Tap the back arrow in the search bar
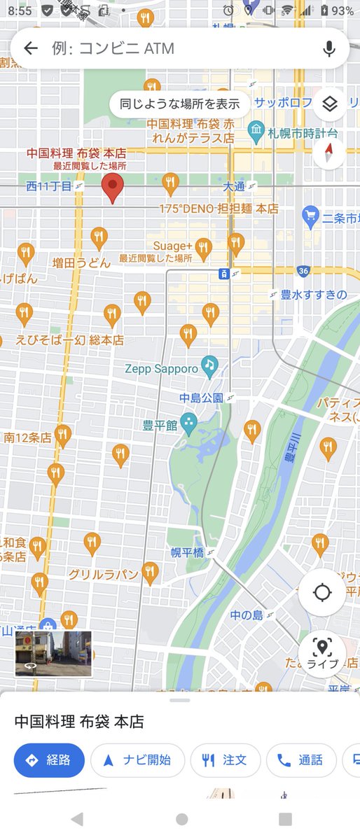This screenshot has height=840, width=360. [30, 48]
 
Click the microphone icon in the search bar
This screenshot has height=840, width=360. [329, 48]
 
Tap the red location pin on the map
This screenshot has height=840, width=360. [112, 188]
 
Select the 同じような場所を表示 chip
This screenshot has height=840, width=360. [180, 105]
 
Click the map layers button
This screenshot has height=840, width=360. [330, 105]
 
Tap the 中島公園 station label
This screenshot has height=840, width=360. [201, 398]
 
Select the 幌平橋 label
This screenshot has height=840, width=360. [187, 552]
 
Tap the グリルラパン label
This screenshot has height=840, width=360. [102, 574]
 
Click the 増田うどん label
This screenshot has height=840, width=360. [81, 263]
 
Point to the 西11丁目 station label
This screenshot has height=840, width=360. [49, 186]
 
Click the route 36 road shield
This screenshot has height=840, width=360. [303, 271]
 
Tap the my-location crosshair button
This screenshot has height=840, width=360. [322, 592]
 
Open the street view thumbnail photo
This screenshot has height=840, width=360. [53, 653]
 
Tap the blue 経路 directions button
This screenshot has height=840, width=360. [49, 760]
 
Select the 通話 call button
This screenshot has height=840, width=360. [300, 760]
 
